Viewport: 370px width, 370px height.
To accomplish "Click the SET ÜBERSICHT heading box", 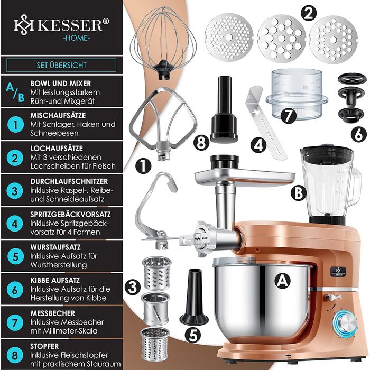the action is coord(61,65).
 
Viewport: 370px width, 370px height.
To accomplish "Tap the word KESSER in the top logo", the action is coord(70,25).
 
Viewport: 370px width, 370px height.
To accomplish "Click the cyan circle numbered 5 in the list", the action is coord(15,256).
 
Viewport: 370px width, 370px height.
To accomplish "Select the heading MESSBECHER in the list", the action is coord(53,313).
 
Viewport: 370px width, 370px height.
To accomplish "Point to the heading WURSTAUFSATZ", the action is coord(55,247).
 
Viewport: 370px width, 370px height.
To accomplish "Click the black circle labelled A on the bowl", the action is coord(282,281).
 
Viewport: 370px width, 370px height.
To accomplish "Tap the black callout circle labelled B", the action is coord(299,192).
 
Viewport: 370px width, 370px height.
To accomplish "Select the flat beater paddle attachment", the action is coord(163,123).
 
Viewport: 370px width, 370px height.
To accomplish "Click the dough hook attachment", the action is coord(156,210).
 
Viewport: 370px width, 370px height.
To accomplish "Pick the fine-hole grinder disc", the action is coord(229,38).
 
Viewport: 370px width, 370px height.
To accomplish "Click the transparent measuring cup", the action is coord(297,93).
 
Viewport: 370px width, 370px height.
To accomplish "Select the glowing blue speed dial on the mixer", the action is coord(345,323).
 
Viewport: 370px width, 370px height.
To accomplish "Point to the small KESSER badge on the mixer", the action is coord(338,271).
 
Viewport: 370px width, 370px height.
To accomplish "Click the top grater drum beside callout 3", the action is coord(157,273).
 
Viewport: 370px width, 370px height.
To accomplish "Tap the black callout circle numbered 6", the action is coord(359,135).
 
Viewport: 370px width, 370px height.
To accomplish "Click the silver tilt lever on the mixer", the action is coord(332,297).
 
